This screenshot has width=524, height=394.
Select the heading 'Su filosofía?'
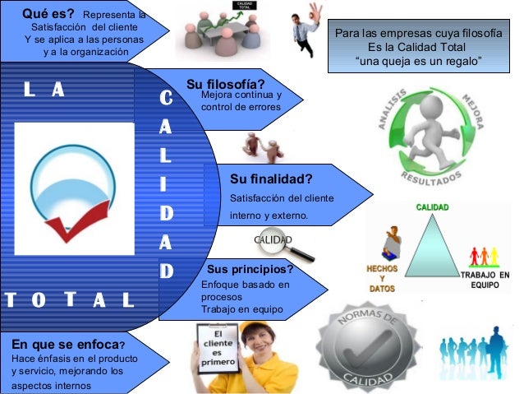[x=225, y=85]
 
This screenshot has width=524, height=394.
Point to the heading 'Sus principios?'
[x=251, y=269]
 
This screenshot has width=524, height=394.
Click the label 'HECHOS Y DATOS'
[x=382, y=279]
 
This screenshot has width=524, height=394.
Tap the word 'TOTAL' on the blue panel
[x=70, y=298]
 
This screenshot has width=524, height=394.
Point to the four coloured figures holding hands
[x=484, y=255]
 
